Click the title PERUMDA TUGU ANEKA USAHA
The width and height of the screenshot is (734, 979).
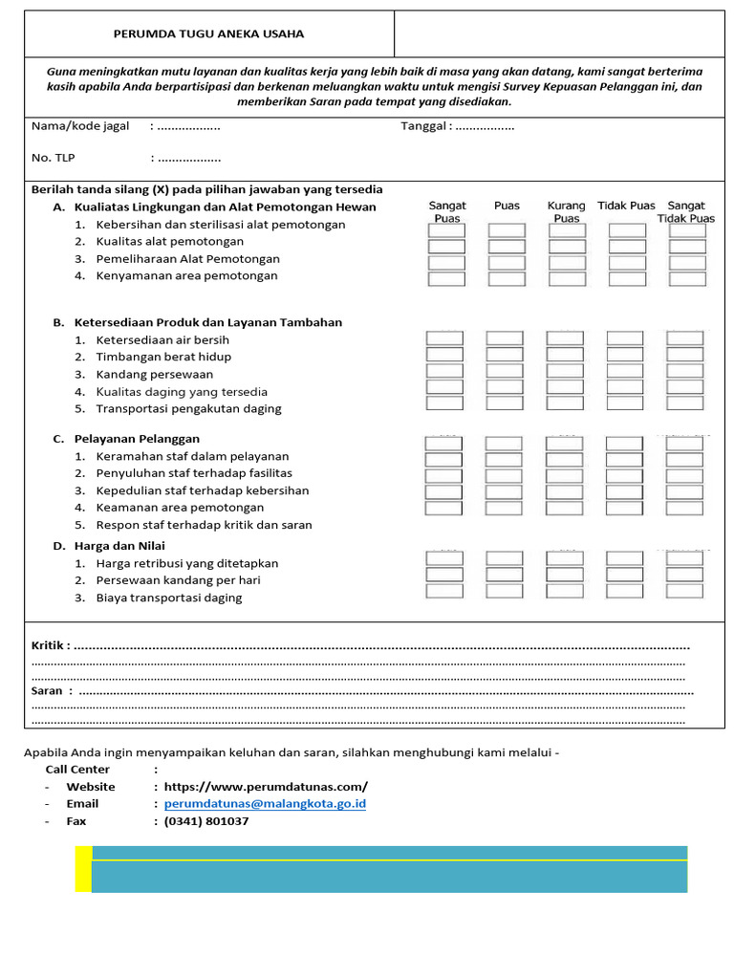tap(208, 34)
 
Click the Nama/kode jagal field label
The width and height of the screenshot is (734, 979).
tap(80, 126)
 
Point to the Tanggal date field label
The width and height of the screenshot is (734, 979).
tap(424, 126)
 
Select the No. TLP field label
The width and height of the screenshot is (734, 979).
tap(54, 158)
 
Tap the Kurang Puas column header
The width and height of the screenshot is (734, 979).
tap(566, 211)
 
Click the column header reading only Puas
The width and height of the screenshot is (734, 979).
tap(507, 206)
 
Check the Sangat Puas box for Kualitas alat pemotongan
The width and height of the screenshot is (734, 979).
tap(446, 247)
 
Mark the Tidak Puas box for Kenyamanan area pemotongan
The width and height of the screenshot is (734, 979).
tap(627, 279)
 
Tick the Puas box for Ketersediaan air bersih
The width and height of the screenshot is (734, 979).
tap(505, 338)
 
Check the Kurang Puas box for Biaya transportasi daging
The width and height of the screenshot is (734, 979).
tap(565, 591)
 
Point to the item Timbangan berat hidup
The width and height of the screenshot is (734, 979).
tap(163, 357)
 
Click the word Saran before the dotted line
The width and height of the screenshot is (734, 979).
tap(47, 690)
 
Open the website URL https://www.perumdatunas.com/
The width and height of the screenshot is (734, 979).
tap(266, 787)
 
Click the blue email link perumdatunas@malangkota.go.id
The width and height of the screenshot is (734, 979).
tap(265, 804)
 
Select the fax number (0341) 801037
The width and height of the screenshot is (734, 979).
tap(206, 821)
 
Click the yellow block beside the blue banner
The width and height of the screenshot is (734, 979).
tap(83, 869)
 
